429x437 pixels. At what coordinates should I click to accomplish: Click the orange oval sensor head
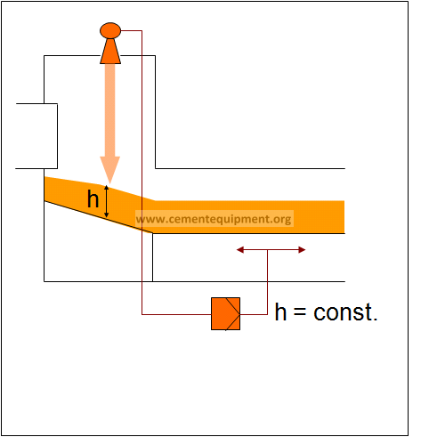tap(110, 30)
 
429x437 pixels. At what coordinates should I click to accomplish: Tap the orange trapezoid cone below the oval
tap(110, 51)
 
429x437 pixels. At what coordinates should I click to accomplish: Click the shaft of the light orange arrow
tap(110, 110)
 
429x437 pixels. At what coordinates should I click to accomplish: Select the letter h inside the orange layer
tap(93, 198)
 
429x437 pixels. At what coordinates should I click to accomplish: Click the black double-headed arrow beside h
tap(107, 201)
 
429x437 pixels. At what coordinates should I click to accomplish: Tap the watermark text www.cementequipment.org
tap(214, 219)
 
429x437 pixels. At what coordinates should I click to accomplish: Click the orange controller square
tap(225, 313)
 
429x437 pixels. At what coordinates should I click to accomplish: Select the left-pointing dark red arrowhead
tap(240, 250)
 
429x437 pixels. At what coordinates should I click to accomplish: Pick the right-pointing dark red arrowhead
tap(302, 250)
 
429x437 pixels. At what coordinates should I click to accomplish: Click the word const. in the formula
tap(345, 312)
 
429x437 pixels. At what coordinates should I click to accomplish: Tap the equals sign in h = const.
tap(300, 312)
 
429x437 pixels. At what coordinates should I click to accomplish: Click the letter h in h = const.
tap(280, 312)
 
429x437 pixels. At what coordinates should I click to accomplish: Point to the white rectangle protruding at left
tap(36, 136)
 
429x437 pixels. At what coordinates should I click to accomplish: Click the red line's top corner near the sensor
tap(142, 30)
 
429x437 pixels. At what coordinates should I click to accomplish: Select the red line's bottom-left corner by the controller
tap(142, 314)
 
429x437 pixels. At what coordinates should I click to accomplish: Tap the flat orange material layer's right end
tap(344, 217)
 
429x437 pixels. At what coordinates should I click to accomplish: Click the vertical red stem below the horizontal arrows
tap(268, 282)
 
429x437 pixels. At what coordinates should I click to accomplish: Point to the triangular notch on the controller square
tap(233, 314)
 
